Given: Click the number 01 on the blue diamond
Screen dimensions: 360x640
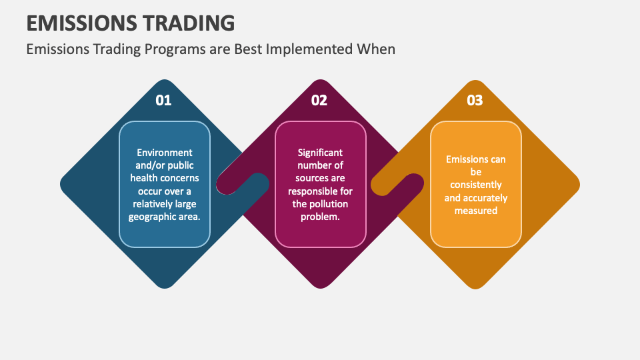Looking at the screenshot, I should (x=163, y=101).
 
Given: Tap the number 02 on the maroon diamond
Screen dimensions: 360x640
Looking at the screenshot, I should (x=319, y=101).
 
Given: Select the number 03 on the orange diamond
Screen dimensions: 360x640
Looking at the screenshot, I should (x=475, y=101).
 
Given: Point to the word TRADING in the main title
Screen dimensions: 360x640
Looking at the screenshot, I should (x=189, y=23).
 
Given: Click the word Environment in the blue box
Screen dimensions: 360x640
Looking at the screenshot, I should (x=165, y=153).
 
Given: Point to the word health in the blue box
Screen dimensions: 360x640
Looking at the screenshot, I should (x=147, y=178).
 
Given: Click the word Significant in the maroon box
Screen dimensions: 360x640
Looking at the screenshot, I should (x=320, y=153).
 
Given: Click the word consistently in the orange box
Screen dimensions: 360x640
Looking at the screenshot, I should (x=476, y=185).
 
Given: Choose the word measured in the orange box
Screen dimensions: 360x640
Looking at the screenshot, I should (x=476, y=210).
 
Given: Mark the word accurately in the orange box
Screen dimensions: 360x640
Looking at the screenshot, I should (x=485, y=197).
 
